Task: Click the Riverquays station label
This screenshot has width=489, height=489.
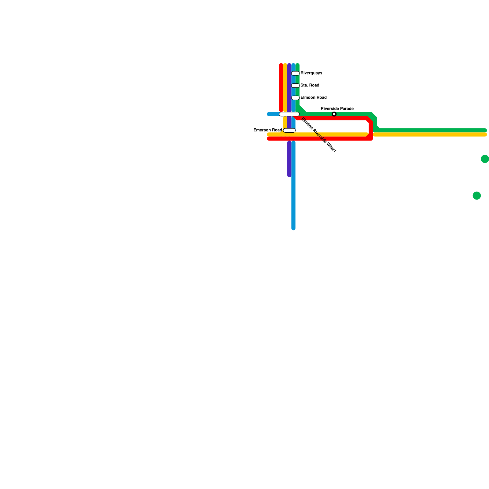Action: tap(311, 73)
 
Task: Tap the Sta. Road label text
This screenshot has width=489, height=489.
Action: tap(310, 86)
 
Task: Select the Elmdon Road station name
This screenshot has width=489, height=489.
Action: tap(314, 98)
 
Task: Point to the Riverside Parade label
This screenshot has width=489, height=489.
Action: tap(337, 109)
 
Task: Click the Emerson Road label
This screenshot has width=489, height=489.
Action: tap(268, 131)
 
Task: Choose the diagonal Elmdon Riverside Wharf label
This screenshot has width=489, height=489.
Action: tap(318, 135)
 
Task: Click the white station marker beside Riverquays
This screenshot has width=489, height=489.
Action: tap(295, 73)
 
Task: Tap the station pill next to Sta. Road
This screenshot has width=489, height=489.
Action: tap(295, 86)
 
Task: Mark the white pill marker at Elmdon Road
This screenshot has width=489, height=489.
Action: tap(295, 98)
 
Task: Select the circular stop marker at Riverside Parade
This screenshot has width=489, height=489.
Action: tap(334, 114)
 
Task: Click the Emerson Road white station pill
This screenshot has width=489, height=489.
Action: tap(289, 131)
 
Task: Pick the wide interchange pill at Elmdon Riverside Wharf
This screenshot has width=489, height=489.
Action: tap(289, 114)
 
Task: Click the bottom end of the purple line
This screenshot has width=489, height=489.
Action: tap(289, 176)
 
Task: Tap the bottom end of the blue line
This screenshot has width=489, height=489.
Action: tap(293, 228)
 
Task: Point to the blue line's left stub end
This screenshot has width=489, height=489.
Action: tap(269, 114)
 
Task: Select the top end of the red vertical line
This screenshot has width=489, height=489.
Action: tap(281, 65)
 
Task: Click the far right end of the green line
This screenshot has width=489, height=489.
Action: tap(485, 131)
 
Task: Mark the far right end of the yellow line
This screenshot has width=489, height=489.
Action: tap(485, 134)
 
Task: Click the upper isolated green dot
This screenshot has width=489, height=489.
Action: tap(485, 159)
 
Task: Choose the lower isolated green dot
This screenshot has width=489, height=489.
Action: tap(477, 196)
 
